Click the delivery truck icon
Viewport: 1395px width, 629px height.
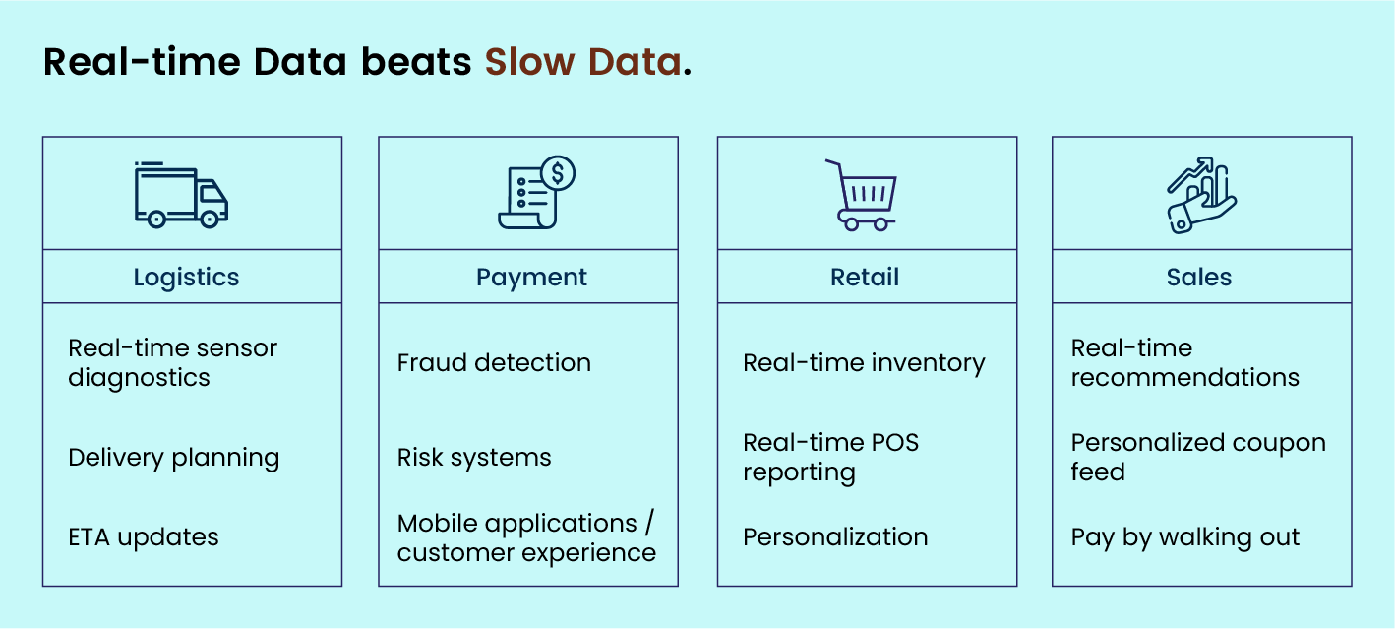pyautogui.click(x=181, y=195)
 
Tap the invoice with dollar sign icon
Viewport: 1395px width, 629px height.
pyautogui.click(x=536, y=192)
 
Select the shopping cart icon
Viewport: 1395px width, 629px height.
pyautogui.click(x=861, y=195)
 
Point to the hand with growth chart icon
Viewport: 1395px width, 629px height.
pyautogui.click(x=1201, y=195)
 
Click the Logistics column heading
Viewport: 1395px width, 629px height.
pyautogui.click(x=186, y=278)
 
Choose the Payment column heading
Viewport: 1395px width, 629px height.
pyautogui.click(x=531, y=278)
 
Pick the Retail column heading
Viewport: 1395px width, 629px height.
pyautogui.click(x=865, y=277)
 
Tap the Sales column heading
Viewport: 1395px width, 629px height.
pyautogui.click(x=1199, y=277)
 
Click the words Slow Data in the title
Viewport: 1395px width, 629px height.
pyautogui.click(x=583, y=62)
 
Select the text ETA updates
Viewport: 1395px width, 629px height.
pyautogui.click(x=144, y=537)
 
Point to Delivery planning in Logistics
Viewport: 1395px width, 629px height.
pyautogui.click(x=174, y=458)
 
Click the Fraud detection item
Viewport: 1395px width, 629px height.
pyautogui.click(x=494, y=363)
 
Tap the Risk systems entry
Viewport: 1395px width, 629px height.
pyautogui.click(x=474, y=458)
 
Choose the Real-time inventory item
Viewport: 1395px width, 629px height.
pyautogui.click(x=864, y=363)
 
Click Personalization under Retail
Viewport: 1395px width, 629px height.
pyautogui.click(x=835, y=536)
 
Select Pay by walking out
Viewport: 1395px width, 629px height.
pyautogui.click(x=1185, y=537)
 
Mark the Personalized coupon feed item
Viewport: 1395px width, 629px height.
pyautogui.click(x=1198, y=457)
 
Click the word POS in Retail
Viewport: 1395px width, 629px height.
pyautogui.click(x=894, y=443)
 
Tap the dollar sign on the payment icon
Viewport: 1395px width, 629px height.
pyautogui.click(x=558, y=172)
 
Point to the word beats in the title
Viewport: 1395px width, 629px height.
pyautogui.click(x=416, y=62)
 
